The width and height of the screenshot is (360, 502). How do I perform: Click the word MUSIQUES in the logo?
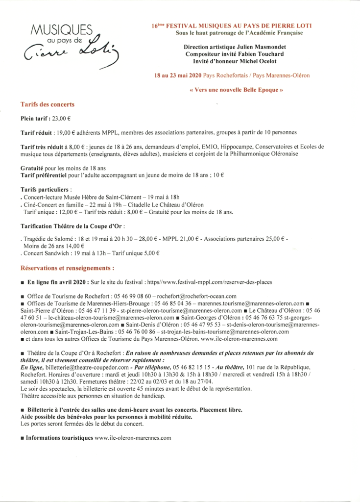61,30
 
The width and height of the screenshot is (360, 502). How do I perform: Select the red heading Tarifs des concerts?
48,104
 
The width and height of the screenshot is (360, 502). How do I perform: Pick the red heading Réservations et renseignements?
68,268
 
